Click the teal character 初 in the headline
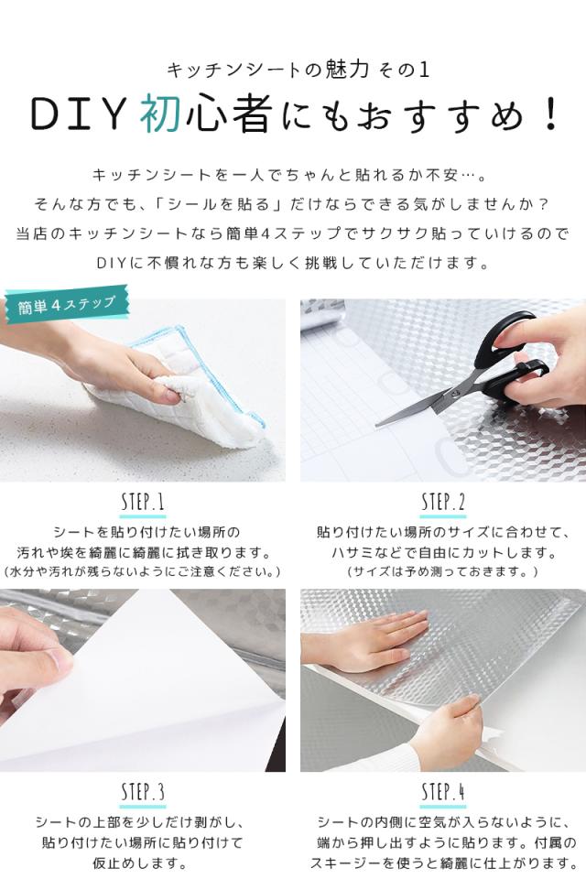pos(161,114)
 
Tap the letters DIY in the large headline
pos(78,114)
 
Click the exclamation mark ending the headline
pos(550,114)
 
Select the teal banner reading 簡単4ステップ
pos(67,305)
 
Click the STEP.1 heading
pos(143,502)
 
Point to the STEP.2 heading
pos(443,502)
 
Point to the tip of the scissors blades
pos(376,424)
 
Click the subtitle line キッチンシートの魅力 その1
pos(298,70)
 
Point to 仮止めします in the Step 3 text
pos(140,863)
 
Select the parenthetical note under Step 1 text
pos(142,571)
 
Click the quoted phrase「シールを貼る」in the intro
pos(216,203)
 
